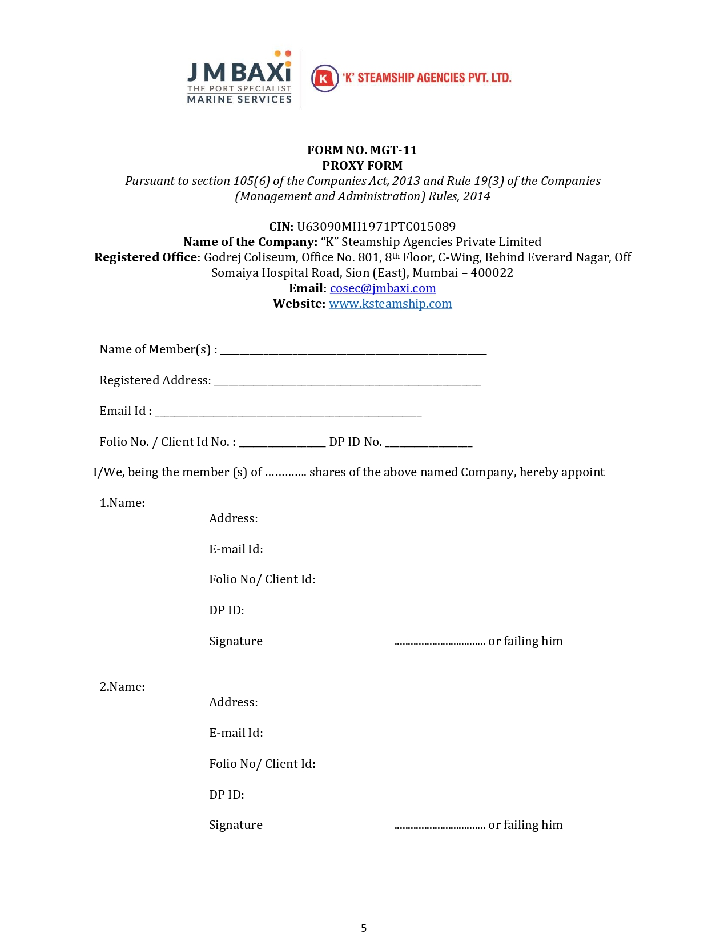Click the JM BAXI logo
(239, 77)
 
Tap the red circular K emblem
(324, 78)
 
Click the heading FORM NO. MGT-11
(362, 150)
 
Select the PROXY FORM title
(362, 166)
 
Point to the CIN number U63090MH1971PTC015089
(376, 227)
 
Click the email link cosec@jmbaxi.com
(383, 288)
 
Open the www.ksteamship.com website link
(390, 304)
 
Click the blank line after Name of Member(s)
(353, 351)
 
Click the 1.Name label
(122, 503)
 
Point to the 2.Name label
(122, 687)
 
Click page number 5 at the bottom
(364, 928)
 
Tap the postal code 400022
(492, 273)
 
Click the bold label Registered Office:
(147, 257)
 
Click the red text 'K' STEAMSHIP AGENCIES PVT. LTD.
(427, 78)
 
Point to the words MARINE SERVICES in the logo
(239, 99)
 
